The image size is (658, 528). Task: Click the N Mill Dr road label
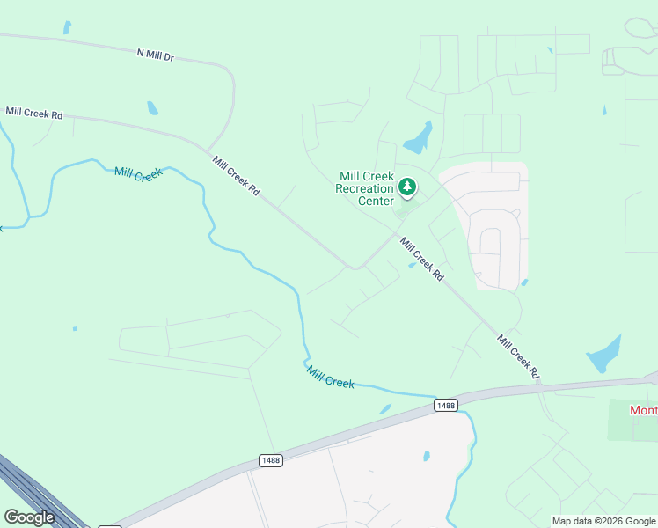tap(156, 55)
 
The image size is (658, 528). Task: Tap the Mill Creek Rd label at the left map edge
tap(34, 113)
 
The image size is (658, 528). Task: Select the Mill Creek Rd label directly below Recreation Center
tap(421, 259)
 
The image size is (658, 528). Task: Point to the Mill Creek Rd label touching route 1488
tap(517, 356)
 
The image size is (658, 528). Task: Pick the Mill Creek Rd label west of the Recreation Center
tap(237, 175)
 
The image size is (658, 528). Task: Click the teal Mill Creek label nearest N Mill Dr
tap(138, 173)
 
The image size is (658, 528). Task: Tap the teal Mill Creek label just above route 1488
tap(331, 378)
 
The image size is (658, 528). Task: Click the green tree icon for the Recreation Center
tap(406, 187)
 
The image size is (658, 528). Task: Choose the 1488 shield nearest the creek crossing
tap(446, 405)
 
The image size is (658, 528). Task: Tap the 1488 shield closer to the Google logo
tap(271, 460)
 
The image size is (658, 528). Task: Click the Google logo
tap(29, 517)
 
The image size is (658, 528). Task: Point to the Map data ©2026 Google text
tap(603, 521)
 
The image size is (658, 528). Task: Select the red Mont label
tap(643, 410)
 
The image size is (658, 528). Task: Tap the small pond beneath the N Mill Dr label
tap(153, 108)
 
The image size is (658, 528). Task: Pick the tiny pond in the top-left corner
tap(67, 27)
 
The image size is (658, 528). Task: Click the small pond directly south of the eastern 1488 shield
tap(427, 456)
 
